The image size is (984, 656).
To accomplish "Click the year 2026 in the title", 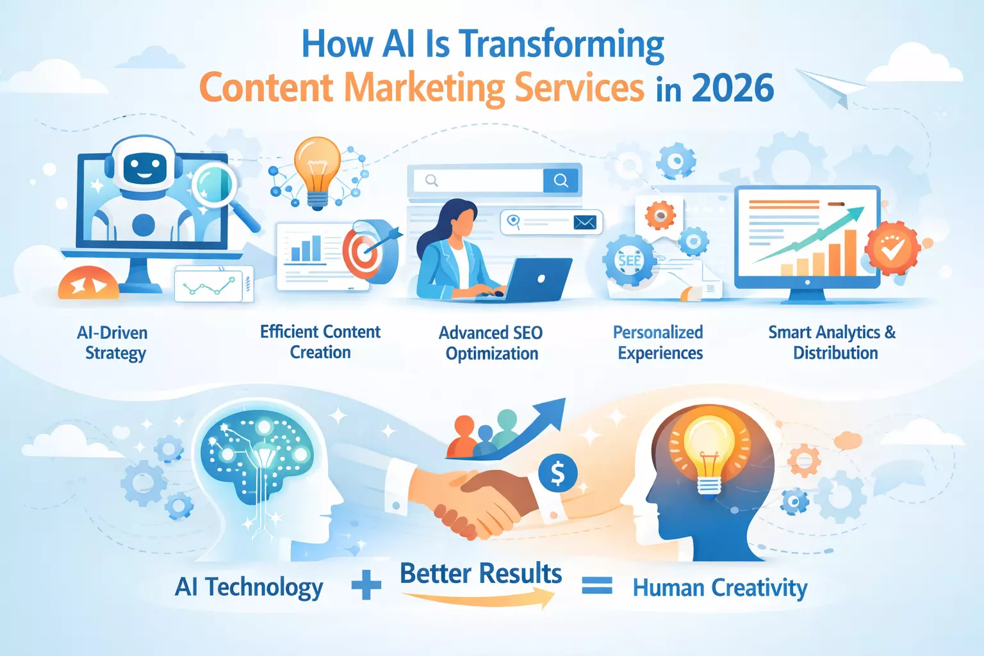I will (x=733, y=88).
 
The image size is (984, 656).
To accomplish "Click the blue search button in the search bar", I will (x=561, y=181).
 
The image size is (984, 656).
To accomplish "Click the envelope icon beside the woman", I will (x=585, y=222).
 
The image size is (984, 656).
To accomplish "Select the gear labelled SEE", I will (x=629, y=261).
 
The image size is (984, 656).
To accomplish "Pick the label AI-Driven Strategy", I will (x=113, y=343).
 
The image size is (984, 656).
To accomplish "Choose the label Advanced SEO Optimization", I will (x=491, y=343).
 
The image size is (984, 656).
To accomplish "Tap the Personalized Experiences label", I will (x=659, y=343).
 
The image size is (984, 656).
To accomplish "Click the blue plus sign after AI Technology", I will (x=366, y=586).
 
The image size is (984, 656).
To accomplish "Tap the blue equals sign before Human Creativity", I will (x=596, y=586).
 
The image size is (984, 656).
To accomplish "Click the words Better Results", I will (x=480, y=573).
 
